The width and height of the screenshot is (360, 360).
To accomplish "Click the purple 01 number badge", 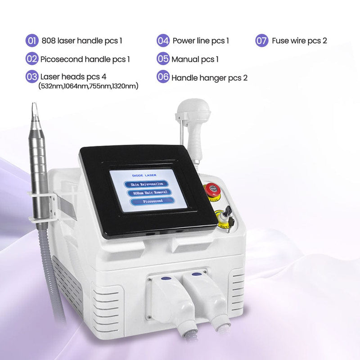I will click(32, 41).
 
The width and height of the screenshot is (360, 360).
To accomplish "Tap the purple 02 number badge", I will click(32, 58).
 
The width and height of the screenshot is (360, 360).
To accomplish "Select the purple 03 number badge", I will click(32, 76).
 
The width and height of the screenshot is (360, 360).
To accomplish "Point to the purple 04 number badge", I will click(163, 41).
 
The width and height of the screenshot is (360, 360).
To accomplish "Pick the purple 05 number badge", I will click(163, 58).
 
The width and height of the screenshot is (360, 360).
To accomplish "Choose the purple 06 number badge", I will click(163, 77).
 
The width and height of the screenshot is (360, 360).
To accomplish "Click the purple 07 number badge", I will click(262, 41).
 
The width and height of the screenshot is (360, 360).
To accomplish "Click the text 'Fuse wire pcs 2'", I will click(299, 41).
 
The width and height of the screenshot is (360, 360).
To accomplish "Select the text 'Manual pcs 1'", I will click(195, 59).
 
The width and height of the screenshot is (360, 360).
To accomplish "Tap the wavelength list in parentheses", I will click(88, 86).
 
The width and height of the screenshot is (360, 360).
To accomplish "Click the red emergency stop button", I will click(210, 189).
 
